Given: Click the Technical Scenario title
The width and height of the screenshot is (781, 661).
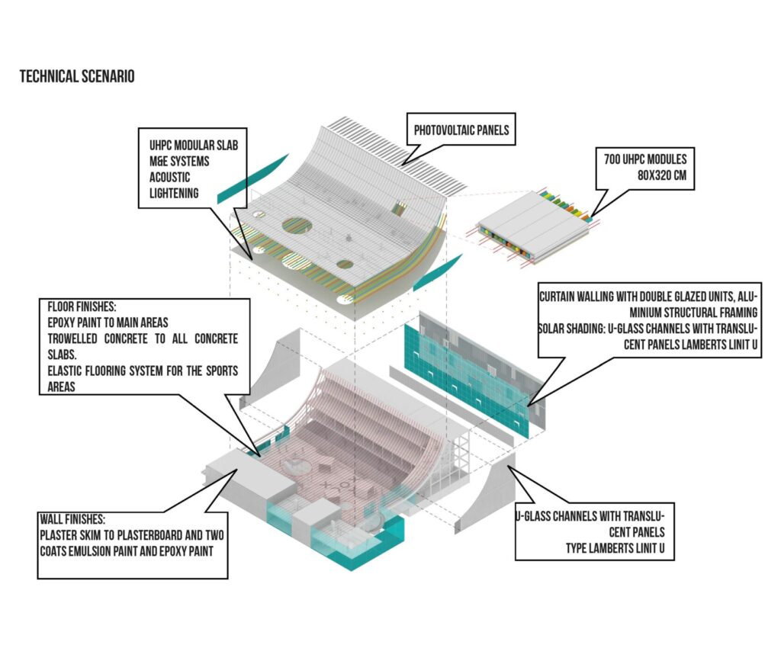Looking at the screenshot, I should click(77, 77).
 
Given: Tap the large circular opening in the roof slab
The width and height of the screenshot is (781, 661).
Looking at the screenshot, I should click(297, 225).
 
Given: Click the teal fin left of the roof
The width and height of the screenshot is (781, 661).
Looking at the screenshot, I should click(252, 178).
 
